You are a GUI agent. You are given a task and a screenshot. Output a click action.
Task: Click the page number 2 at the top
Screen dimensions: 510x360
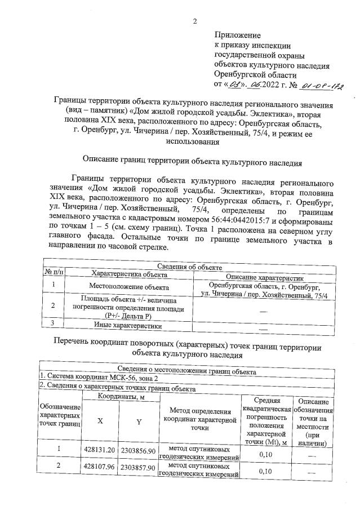195,21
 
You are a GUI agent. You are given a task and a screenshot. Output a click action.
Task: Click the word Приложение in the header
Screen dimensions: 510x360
237,36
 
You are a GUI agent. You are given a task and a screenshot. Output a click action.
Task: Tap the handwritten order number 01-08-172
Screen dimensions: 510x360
322,86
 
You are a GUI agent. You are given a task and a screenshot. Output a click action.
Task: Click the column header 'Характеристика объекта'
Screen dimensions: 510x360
122,274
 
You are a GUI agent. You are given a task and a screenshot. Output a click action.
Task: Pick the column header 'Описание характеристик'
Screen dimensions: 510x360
264,277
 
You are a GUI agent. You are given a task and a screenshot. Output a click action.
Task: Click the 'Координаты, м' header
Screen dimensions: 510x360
119,397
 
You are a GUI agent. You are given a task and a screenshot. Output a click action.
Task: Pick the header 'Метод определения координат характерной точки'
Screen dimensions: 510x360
199,420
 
